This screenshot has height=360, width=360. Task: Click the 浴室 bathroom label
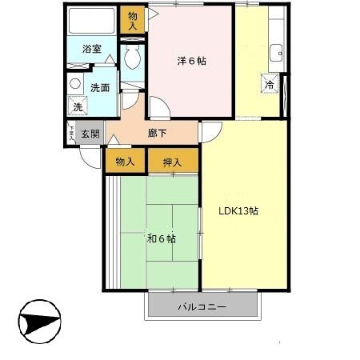click(x=92, y=49)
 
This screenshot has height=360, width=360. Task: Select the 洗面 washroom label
click(x=98, y=88)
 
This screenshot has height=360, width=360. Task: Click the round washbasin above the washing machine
click(x=76, y=83)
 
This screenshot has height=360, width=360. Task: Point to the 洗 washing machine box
click(x=78, y=106)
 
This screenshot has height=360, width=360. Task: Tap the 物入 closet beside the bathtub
click(x=132, y=20)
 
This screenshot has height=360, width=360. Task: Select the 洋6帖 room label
click(x=191, y=61)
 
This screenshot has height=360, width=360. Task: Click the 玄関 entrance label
click(x=90, y=134)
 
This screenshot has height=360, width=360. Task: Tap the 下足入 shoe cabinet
click(x=71, y=134)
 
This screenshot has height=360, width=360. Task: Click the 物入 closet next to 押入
click(x=125, y=162)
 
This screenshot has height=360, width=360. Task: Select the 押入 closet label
click(x=172, y=162)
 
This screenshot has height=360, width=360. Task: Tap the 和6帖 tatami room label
click(x=161, y=238)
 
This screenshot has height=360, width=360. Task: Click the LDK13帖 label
click(x=238, y=211)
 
